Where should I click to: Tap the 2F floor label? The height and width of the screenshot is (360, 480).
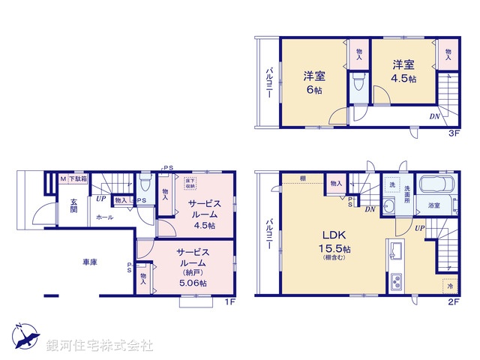coord(453,301)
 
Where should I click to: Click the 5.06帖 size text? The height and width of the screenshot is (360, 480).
coord(193,282)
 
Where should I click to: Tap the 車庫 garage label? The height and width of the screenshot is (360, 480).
coord(92,262)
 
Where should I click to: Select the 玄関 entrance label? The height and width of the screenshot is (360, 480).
coord(74,204)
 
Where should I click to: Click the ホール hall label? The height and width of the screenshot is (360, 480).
coord(105,217)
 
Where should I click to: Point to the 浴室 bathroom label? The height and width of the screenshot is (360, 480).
coord(433,205)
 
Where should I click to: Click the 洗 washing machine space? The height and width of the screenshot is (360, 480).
coord(390,184)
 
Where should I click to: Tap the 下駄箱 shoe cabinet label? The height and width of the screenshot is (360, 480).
coord(79,178)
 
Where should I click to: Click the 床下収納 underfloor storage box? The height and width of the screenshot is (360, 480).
coord(190,181)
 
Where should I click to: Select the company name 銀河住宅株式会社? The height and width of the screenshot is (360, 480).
coord(100,346)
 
